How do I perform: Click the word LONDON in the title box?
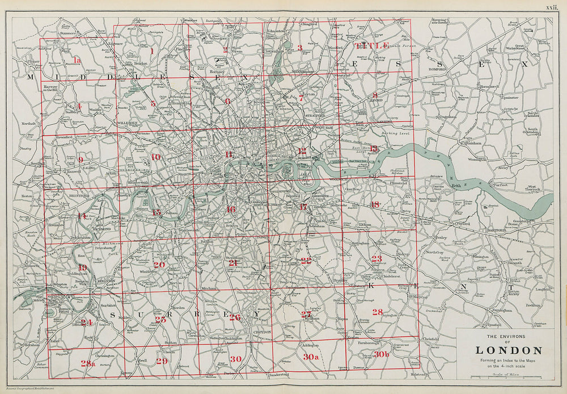coord(508,351)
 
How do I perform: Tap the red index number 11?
coord(229,154)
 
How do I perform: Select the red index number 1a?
coord(78,60)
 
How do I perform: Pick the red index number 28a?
coord(88,363)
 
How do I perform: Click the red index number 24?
coord(86,322)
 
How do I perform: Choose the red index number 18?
coord(375,204)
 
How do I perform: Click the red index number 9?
coord(81,160)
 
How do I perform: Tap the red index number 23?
coord(376,259)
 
